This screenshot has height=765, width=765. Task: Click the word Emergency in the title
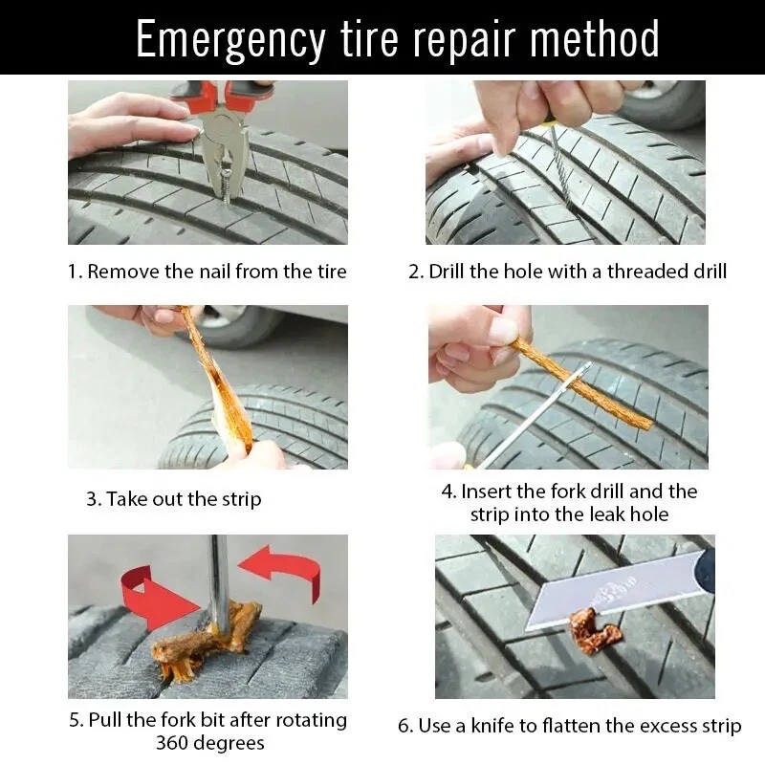(230, 40)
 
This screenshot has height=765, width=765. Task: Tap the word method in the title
(594, 38)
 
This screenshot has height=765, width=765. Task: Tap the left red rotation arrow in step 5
(154, 598)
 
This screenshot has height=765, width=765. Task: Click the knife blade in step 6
(615, 593)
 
